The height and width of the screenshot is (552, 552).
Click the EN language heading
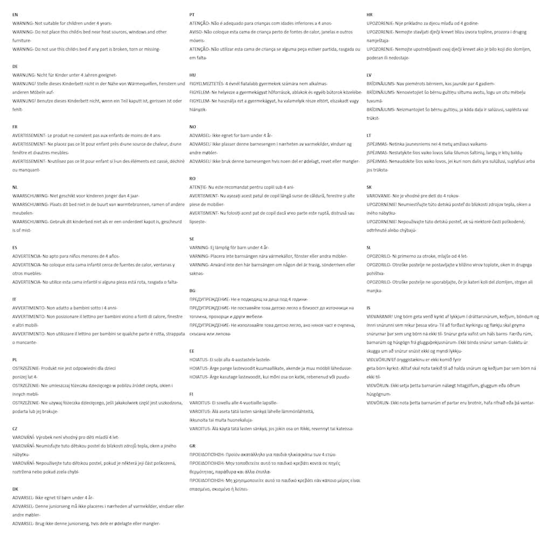coord(15,15)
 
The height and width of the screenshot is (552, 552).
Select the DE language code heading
coord(15,66)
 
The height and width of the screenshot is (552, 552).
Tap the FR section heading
coord(15,127)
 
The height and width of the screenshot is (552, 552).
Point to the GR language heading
coord(192,446)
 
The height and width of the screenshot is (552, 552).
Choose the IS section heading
coord(369,308)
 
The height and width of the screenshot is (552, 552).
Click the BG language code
coord(192,291)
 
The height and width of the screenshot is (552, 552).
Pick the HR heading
coord(369,15)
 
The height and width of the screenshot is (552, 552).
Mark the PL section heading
coord(15,359)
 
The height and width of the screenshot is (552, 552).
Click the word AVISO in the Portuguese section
coord(196,32)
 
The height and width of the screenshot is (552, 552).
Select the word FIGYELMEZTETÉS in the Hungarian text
coord(206,84)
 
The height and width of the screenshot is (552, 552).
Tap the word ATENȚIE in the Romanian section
coord(198,187)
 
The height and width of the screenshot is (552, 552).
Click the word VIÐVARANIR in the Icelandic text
coord(379,316)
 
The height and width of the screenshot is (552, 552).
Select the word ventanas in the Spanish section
coord(162,265)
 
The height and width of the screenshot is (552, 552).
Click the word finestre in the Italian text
coord(175,316)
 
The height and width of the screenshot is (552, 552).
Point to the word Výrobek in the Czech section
coord(45,437)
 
